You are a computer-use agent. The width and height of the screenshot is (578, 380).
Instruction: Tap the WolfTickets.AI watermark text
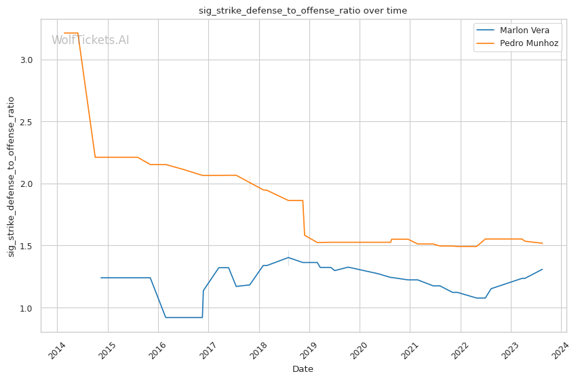(90, 41)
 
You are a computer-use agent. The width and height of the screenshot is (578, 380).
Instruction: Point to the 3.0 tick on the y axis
(26, 60)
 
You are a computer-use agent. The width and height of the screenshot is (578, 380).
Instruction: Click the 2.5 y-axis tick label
(26, 122)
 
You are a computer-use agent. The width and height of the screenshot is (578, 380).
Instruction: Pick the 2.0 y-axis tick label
(26, 184)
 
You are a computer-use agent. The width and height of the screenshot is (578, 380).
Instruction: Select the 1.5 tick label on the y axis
(26, 246)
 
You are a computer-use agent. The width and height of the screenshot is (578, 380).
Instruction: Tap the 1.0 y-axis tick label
(26, 308)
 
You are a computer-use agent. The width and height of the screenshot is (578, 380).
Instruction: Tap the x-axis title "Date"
(303, 369)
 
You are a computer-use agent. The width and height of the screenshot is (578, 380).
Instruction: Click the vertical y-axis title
(12, 176)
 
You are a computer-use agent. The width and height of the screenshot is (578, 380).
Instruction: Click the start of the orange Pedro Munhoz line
(64, 33)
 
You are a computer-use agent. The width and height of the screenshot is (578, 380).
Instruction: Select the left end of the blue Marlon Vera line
(101, 278)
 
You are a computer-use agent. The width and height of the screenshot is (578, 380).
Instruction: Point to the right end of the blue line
(542, 269)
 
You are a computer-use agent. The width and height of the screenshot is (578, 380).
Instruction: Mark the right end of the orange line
(542, 243)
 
